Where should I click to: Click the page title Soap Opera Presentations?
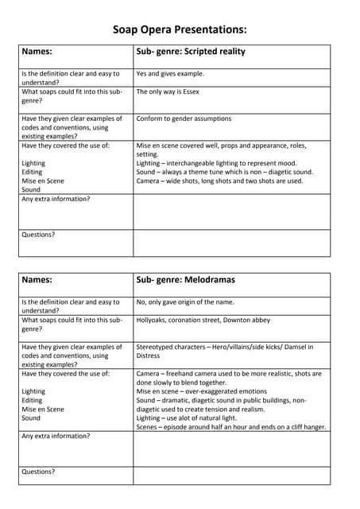click(180, 29)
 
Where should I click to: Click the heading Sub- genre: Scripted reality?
click(191, 52)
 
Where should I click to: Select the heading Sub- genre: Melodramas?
click(185, 280)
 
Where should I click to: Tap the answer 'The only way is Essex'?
click(168, 91)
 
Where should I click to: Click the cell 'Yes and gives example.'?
click(170, 74)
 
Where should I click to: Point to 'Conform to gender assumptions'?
click(184, 119)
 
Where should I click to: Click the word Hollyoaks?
click(154, 320)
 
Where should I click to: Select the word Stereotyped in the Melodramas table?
click(160, 347)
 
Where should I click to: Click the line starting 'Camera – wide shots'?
click(219, 181)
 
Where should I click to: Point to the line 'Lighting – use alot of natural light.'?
click(197, 418)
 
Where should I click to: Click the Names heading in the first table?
click(37, 52)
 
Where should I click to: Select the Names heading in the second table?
click(37, 280)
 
